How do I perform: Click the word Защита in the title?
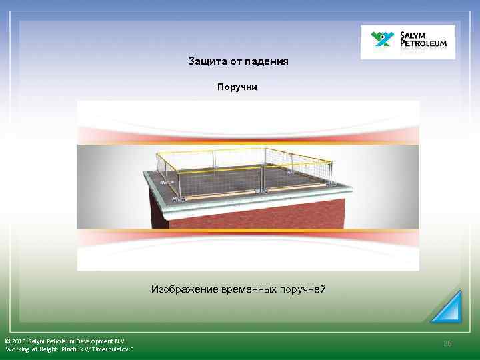[x=204, y=61]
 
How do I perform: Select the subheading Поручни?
[x=237, y=87]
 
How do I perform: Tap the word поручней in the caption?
[x=304, y=289]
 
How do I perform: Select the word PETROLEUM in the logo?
[x=427, y=45]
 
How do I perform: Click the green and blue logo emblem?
[x=383, y=41]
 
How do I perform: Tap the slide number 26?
[x=447, y=343]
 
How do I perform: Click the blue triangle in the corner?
[x=447, y=308]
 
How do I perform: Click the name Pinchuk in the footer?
[x=75, y=349]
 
